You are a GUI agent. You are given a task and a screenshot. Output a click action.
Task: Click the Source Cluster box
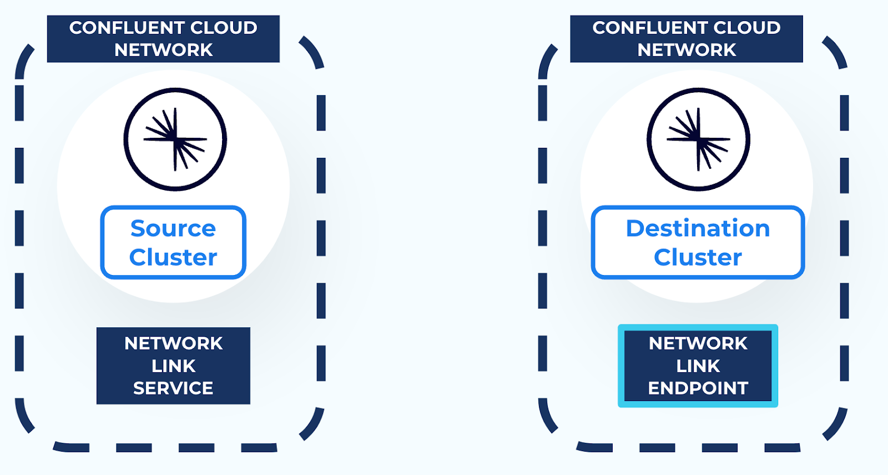tap(173, 243)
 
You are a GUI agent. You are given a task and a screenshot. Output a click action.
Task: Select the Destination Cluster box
tap(698, 243)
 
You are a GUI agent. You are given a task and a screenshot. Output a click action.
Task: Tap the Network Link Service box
tap(173, 366)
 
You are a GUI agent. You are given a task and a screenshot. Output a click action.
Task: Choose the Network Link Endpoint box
tap(698, 366)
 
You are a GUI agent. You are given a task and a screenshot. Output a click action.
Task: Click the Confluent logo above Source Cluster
tap(175, 139)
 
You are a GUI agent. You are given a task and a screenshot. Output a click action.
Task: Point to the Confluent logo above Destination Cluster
tap(698, 139)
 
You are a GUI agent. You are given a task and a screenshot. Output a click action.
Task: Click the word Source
tap(173, 228)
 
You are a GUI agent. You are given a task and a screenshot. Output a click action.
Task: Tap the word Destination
tap(698, 228)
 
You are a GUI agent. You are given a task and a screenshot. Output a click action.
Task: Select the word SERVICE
tap(173, 388)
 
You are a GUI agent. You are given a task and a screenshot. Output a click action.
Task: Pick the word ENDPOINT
tap(698, 388)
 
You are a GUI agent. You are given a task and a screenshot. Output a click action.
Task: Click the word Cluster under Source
tap(173, 257)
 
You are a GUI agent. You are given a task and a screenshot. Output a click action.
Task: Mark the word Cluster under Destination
tap(698, 257)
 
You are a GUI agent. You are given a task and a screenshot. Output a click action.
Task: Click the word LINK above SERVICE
tap(173, 366)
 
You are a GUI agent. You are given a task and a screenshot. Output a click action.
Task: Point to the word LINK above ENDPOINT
tap(698, 366)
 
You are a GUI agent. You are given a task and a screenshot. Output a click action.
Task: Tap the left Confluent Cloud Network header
tap(163, 38)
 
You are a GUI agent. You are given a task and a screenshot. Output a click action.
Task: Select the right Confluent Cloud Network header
tap(687, 38)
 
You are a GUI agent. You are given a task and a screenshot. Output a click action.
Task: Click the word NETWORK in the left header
tap(163, 50)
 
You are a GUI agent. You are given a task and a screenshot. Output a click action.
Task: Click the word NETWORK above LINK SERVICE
tap(173, 343)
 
